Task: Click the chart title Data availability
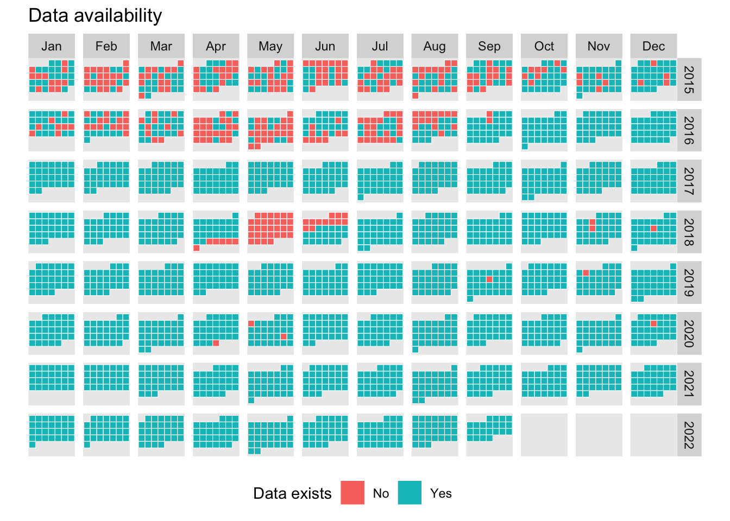95,16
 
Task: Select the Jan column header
52,46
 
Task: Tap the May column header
270,46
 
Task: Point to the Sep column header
489,46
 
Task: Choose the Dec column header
653,46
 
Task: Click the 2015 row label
689,80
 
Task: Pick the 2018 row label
689,232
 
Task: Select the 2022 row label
689,435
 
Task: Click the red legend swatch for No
353,493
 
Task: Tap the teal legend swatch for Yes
410,493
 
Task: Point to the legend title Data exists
292,493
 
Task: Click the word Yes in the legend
440,493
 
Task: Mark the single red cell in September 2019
489,279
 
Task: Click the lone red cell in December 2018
653,228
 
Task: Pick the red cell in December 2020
653,323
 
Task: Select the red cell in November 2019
586,272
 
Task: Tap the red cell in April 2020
216,343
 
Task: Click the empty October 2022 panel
544,435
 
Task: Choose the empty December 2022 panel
653,435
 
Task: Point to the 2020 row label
689,334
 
